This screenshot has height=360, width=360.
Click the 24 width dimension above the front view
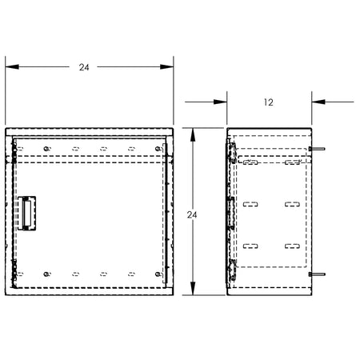coord(84,67)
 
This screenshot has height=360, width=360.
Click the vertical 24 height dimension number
coord(192,215)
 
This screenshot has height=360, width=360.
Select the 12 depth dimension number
coord(269,102)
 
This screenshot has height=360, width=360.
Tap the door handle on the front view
coord(26,213)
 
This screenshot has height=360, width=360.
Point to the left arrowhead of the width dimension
coord(12,66)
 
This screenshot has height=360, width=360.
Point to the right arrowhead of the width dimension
coord(166,66)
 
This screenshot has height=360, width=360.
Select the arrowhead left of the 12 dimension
coord(220,102)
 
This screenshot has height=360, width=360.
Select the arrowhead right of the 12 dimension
coord(318,102)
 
